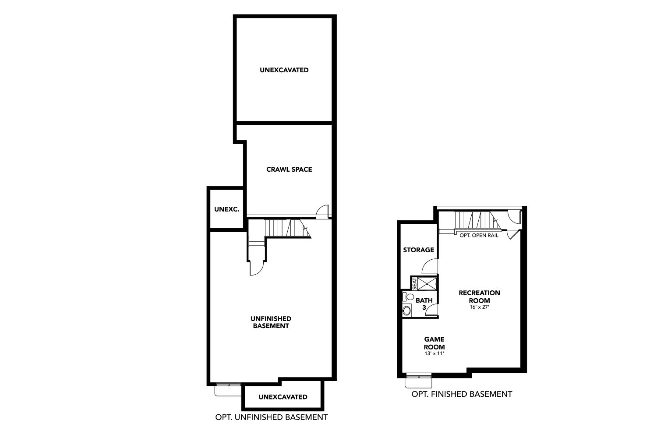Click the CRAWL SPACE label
pos(289,169)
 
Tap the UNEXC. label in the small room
pos(227,209)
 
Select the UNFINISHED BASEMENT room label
pos(271,322)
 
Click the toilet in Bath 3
pos(408,297)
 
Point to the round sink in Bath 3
pos(407,311)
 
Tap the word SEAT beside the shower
pos(414,284)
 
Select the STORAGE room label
pos(419,250)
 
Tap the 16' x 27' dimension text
pos(479,307)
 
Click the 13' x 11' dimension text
pos(434,353)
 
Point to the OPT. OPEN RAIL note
pos(479,235)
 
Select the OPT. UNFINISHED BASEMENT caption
pos(271,417)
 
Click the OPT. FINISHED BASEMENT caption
pos(462,394)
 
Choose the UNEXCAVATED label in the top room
pos(284,70)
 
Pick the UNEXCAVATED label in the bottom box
pos(283,397)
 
